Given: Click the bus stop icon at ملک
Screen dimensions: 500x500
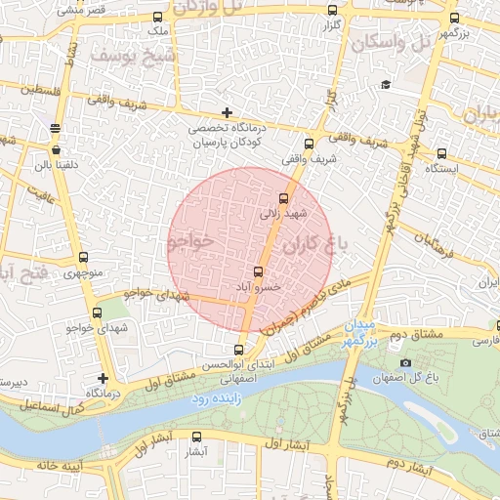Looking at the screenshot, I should (x=158, y=19).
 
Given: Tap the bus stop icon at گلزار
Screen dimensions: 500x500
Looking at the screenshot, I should (x=333, y=11).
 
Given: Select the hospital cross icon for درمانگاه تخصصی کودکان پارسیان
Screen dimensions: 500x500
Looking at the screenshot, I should (x=228, y=113).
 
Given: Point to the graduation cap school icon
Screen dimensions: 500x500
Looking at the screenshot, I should (x=386, y=85).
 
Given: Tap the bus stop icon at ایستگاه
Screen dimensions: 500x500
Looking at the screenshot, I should (x=441, y=153).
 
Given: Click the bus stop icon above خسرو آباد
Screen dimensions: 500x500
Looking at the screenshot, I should (x=259, y=272).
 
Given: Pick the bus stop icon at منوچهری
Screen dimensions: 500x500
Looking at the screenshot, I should (x=83, y=259).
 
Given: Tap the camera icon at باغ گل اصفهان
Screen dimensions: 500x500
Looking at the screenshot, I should (x=406, y=363).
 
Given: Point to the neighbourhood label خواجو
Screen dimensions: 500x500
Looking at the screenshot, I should (x=189, y=243).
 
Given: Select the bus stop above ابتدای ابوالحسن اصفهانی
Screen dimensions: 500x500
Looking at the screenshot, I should (x=239, y=350).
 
